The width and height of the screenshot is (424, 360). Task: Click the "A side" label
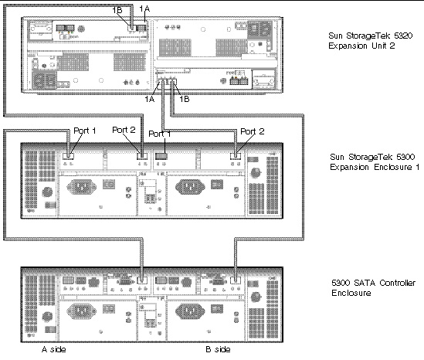point(53,349)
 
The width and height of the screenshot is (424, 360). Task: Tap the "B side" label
point(218,349)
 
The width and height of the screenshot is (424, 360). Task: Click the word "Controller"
point(398,283)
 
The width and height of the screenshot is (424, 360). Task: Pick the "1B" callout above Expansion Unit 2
point(117,10)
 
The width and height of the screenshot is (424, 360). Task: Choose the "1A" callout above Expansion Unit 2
point(144,9)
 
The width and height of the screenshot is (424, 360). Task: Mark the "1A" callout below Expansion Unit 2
point(150,99)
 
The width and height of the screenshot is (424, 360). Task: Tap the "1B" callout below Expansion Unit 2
point(185,99)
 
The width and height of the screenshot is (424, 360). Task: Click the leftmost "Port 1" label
point(85,131)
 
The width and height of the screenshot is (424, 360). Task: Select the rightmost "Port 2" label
point(253,132)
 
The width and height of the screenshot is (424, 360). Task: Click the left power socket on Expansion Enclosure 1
point(81,187)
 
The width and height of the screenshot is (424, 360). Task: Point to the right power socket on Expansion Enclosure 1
point(190,187)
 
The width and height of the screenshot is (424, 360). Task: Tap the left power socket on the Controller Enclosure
point(81,311)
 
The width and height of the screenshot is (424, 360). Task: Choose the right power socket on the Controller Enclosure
point(190,311)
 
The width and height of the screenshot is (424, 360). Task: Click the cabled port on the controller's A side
point(142,280)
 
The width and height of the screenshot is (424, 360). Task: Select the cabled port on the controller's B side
point(236,280)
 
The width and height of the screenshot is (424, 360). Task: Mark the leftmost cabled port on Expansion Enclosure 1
point(68,156)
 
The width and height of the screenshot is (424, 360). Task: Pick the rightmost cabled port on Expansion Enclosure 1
point(236,156)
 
